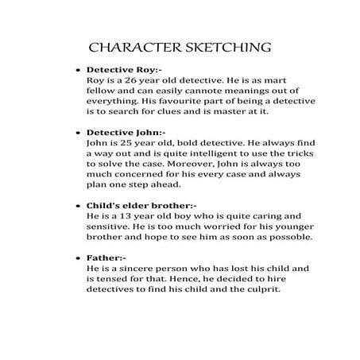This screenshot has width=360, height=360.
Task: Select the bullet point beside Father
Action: tap(75, 259)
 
